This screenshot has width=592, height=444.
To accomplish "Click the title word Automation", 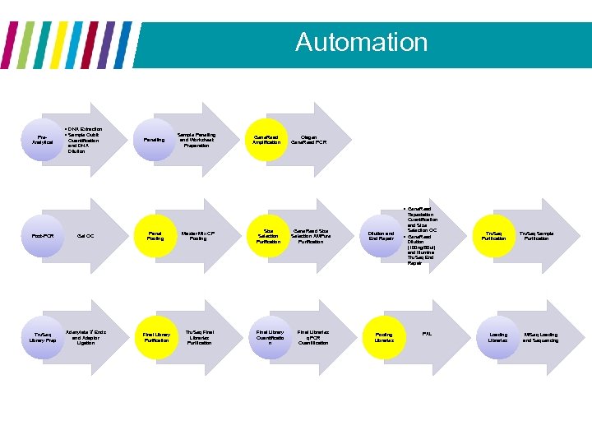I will click(x=361, y=42).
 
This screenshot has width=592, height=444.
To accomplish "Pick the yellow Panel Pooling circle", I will click(x=155, y=236).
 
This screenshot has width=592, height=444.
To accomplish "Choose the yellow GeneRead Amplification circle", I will click(x=266, y=140).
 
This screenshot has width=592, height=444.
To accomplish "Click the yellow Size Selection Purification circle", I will click(x=268, y=236).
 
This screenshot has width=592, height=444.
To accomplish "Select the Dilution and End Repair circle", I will click(x=382, y=236).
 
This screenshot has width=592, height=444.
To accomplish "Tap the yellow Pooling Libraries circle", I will click(x=384, y=337).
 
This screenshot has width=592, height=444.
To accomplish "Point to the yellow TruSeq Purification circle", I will click(x=494, y=236).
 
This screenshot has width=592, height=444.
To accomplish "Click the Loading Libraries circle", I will click(x=498, y=337).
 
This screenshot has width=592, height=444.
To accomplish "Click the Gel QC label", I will click(x=86, y=236).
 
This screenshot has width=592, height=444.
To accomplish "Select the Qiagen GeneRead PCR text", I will click(x=309, y=140).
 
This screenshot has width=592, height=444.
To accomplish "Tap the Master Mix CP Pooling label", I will click(x=198, y=236).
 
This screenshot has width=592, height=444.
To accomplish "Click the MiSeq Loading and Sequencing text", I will click(x=539, y=337).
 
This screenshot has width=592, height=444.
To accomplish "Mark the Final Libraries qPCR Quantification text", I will click(x=313, y=337).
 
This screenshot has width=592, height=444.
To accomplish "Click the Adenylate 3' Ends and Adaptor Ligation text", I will click(x=86, y=337).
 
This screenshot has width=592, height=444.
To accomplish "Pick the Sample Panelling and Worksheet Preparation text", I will click(x=197, y=140).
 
